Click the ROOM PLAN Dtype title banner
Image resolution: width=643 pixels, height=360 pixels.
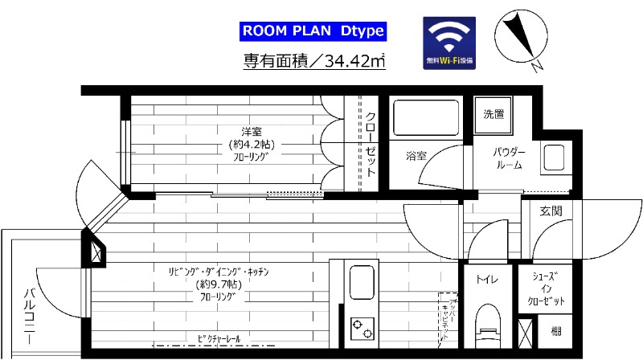tap(313, 31)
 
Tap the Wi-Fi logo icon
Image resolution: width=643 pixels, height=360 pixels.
tap(449, 42)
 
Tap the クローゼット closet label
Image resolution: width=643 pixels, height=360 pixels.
tap(371, 145)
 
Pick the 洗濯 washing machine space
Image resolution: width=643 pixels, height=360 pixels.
tap(494, 113)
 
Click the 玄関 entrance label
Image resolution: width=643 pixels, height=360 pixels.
tap(551, 212)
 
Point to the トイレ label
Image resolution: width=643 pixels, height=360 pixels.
tap(485, 280)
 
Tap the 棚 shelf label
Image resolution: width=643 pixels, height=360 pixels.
tap(555, 329)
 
